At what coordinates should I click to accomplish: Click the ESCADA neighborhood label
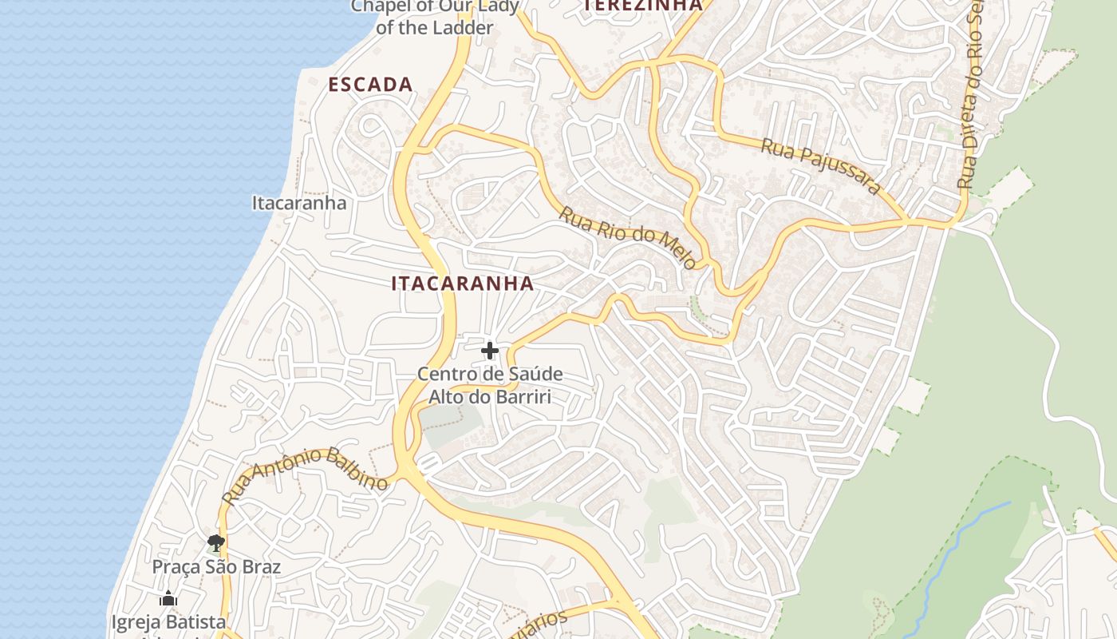coord(370,85)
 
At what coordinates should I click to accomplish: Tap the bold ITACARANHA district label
coord(462,284)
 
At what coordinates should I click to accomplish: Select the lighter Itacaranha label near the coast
coord(299,203)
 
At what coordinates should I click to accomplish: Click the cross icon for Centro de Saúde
coord(490,351)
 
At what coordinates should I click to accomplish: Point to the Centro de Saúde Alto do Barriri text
coord(490,384)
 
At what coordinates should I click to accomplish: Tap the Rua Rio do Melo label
coord(627,237)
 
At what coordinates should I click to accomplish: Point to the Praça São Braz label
coord(216,567)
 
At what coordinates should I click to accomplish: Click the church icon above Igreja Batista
coord(168,598)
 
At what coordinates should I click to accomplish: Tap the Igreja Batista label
coord(168,621)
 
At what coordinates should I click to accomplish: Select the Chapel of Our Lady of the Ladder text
coord(435,16)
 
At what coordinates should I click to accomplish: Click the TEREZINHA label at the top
coord(643,6)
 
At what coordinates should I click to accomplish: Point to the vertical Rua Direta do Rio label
coord(970,96)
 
